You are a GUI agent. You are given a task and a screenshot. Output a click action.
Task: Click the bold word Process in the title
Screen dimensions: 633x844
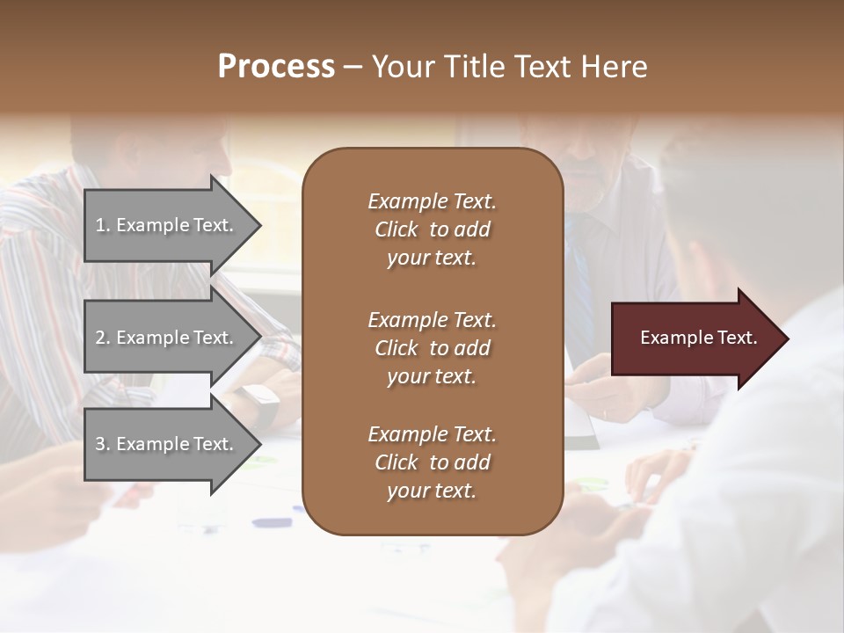(x=276, y=67)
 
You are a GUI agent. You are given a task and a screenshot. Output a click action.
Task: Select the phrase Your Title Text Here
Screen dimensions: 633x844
(x=510, y=67)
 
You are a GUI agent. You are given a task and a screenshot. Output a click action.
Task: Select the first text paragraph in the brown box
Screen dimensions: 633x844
(x=432, y=229)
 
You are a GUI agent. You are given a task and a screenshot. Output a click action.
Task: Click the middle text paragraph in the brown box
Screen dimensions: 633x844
(x=432, y=348)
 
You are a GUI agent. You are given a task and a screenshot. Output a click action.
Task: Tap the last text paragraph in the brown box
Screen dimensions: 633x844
(x=432, y=462)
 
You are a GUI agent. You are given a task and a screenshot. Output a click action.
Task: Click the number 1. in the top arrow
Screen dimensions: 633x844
(x=103, y=226)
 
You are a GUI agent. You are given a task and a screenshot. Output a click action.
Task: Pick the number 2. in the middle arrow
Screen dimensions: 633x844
(x=103, y=338)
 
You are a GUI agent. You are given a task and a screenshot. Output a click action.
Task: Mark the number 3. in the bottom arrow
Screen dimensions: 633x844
(x=103, y=444)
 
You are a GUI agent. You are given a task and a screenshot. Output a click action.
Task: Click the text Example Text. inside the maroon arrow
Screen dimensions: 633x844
(x=698, y=338)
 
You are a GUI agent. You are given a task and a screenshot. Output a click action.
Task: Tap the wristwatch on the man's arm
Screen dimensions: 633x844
(x=261, y=403)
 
